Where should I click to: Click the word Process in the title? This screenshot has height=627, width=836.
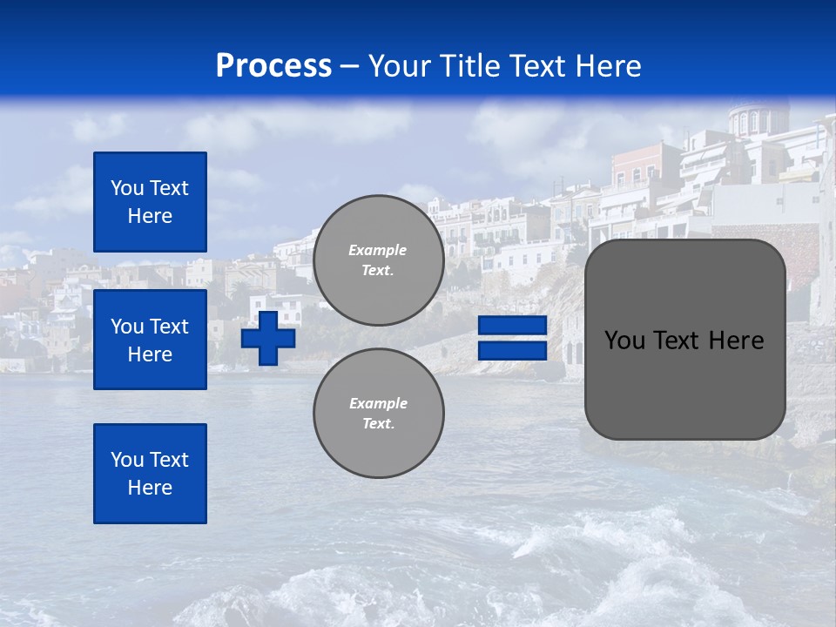(273, 66)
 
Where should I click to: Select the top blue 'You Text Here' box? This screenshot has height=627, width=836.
(150, 202)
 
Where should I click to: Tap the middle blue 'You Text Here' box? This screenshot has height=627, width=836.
(150, 340)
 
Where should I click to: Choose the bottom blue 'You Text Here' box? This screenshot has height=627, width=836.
(150, 473)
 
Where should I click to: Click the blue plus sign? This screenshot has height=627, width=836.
(268, 338)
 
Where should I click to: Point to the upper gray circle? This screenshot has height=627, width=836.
(378, 260)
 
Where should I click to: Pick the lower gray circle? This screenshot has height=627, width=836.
(378, 413)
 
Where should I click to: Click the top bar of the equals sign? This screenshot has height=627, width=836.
(512, 326)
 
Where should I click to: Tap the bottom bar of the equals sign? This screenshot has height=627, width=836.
(512, 351)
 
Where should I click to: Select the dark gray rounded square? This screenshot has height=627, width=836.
(684, 339)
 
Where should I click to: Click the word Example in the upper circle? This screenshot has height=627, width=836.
(378, 250)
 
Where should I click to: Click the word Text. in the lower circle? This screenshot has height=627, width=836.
(378, 423)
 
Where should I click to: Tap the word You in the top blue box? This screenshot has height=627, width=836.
(126, 188)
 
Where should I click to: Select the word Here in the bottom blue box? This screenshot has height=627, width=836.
(150, 488)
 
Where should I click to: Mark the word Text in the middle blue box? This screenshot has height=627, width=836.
(169, 327)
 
